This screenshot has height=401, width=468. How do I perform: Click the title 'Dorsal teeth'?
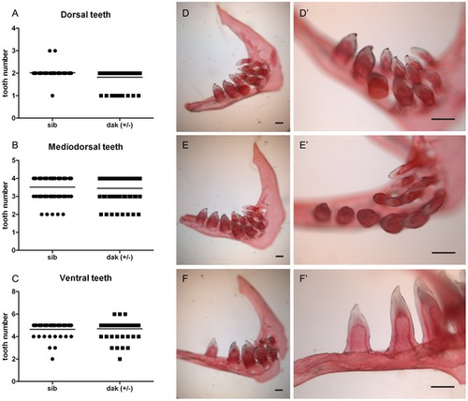85,15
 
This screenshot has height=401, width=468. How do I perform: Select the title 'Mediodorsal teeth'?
85,146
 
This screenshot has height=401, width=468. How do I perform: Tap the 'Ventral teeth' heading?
85,278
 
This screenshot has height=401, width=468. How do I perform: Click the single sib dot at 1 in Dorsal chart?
52,96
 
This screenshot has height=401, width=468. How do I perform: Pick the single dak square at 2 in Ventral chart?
120,359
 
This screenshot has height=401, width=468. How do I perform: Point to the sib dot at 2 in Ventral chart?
52,359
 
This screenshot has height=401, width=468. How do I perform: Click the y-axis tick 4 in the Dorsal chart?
13,28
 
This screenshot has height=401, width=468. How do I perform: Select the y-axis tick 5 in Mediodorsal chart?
13,160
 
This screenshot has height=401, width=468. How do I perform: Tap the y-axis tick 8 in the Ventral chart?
13,291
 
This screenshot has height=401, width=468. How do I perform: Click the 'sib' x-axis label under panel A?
52,126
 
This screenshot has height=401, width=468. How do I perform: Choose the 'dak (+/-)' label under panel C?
120,389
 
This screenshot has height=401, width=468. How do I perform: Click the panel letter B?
15,145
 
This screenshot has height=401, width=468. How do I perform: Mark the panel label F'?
303,278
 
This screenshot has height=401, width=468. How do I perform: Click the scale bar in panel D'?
443,119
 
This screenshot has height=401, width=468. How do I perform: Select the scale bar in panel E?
280,257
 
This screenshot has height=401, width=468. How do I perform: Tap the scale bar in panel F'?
443,387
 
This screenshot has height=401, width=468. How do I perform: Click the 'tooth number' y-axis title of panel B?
6,205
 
